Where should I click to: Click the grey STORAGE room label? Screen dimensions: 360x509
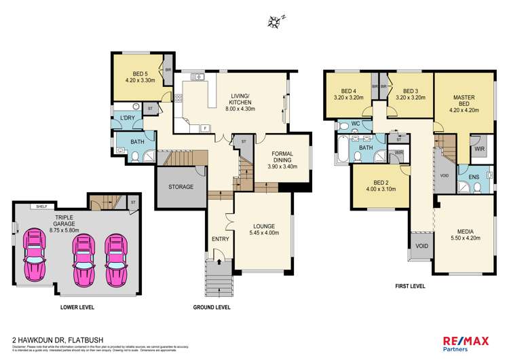click(x=181, y=187)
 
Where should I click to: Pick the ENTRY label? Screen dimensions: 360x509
click(x=220, y=239)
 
